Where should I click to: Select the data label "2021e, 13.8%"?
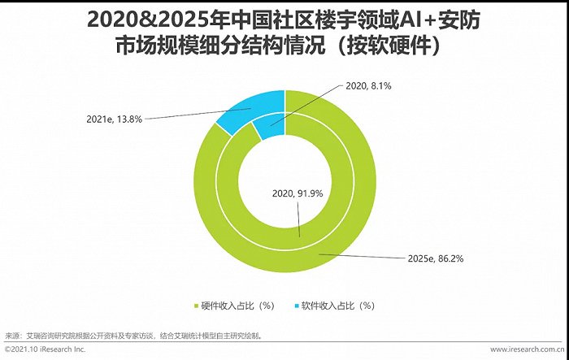115,119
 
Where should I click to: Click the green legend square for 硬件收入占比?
195,306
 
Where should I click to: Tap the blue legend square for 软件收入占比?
294,306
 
